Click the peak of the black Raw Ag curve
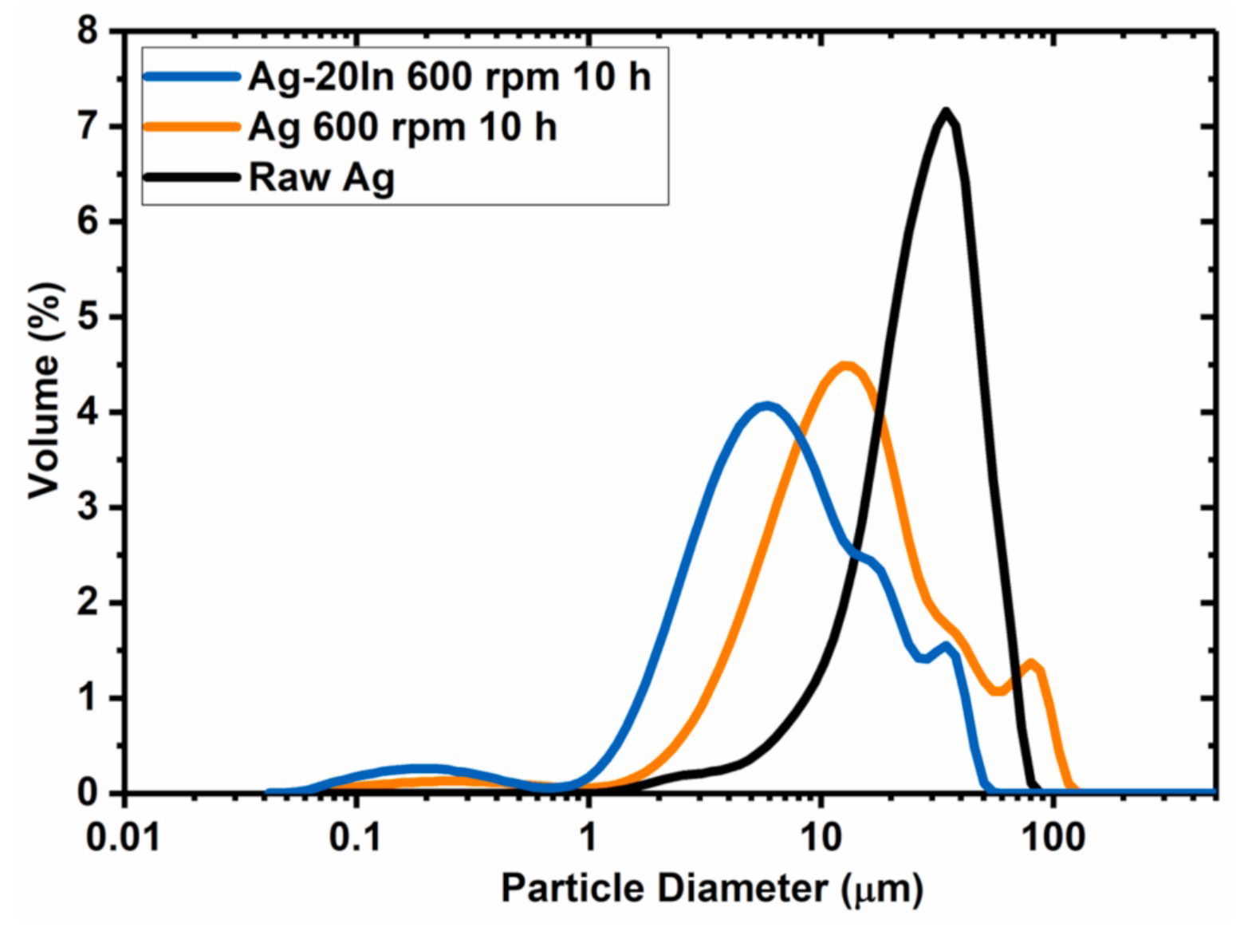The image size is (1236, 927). point(946,112)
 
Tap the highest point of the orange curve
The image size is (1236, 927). point(846,365)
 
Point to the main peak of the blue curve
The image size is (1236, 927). point(766,406)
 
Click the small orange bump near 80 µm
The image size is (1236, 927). point(1031,663)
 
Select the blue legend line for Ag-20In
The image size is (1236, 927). point(192,77)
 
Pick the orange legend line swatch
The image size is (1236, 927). point(192,126)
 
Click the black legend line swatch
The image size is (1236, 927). point(192,176)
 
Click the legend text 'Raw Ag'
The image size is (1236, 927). point(321,177)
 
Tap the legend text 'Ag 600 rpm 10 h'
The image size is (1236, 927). point(402,127)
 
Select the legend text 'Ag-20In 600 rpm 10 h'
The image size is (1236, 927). point(449,77)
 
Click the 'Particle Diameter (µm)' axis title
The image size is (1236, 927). point(711,888)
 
